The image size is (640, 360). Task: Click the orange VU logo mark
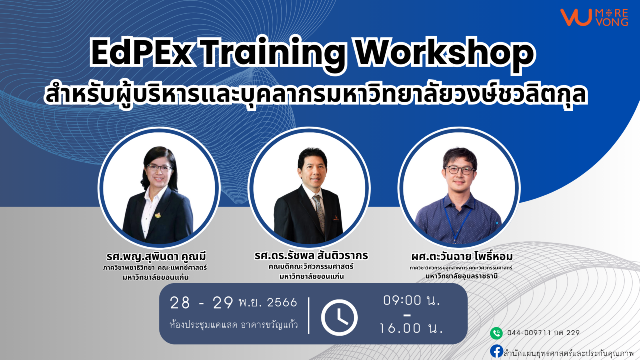click(575, 17)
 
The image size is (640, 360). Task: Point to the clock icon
click(339, 317)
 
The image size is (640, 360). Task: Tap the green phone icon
click(496, 333)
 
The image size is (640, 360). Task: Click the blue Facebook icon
click(497, 351)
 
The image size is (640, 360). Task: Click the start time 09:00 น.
click(411, 300)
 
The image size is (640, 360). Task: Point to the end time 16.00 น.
click(411, 328)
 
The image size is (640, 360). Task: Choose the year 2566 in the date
click(282, 303)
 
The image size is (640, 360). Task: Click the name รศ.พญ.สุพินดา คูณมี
click(156, 257)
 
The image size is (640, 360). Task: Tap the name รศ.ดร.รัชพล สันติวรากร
click(311, 255)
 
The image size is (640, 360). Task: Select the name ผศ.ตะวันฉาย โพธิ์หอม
click(462, 257)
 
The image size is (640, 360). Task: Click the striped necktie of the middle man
click(319, 213)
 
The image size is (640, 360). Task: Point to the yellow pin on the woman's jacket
click(158, 215)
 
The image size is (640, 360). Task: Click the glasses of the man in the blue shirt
click(459, 170)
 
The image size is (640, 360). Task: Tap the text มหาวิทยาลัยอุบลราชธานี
click(461, 276)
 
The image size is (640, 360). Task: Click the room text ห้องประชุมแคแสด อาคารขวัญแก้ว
click(233, 325)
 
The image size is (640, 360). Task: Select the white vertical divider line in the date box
click(309, 315)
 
